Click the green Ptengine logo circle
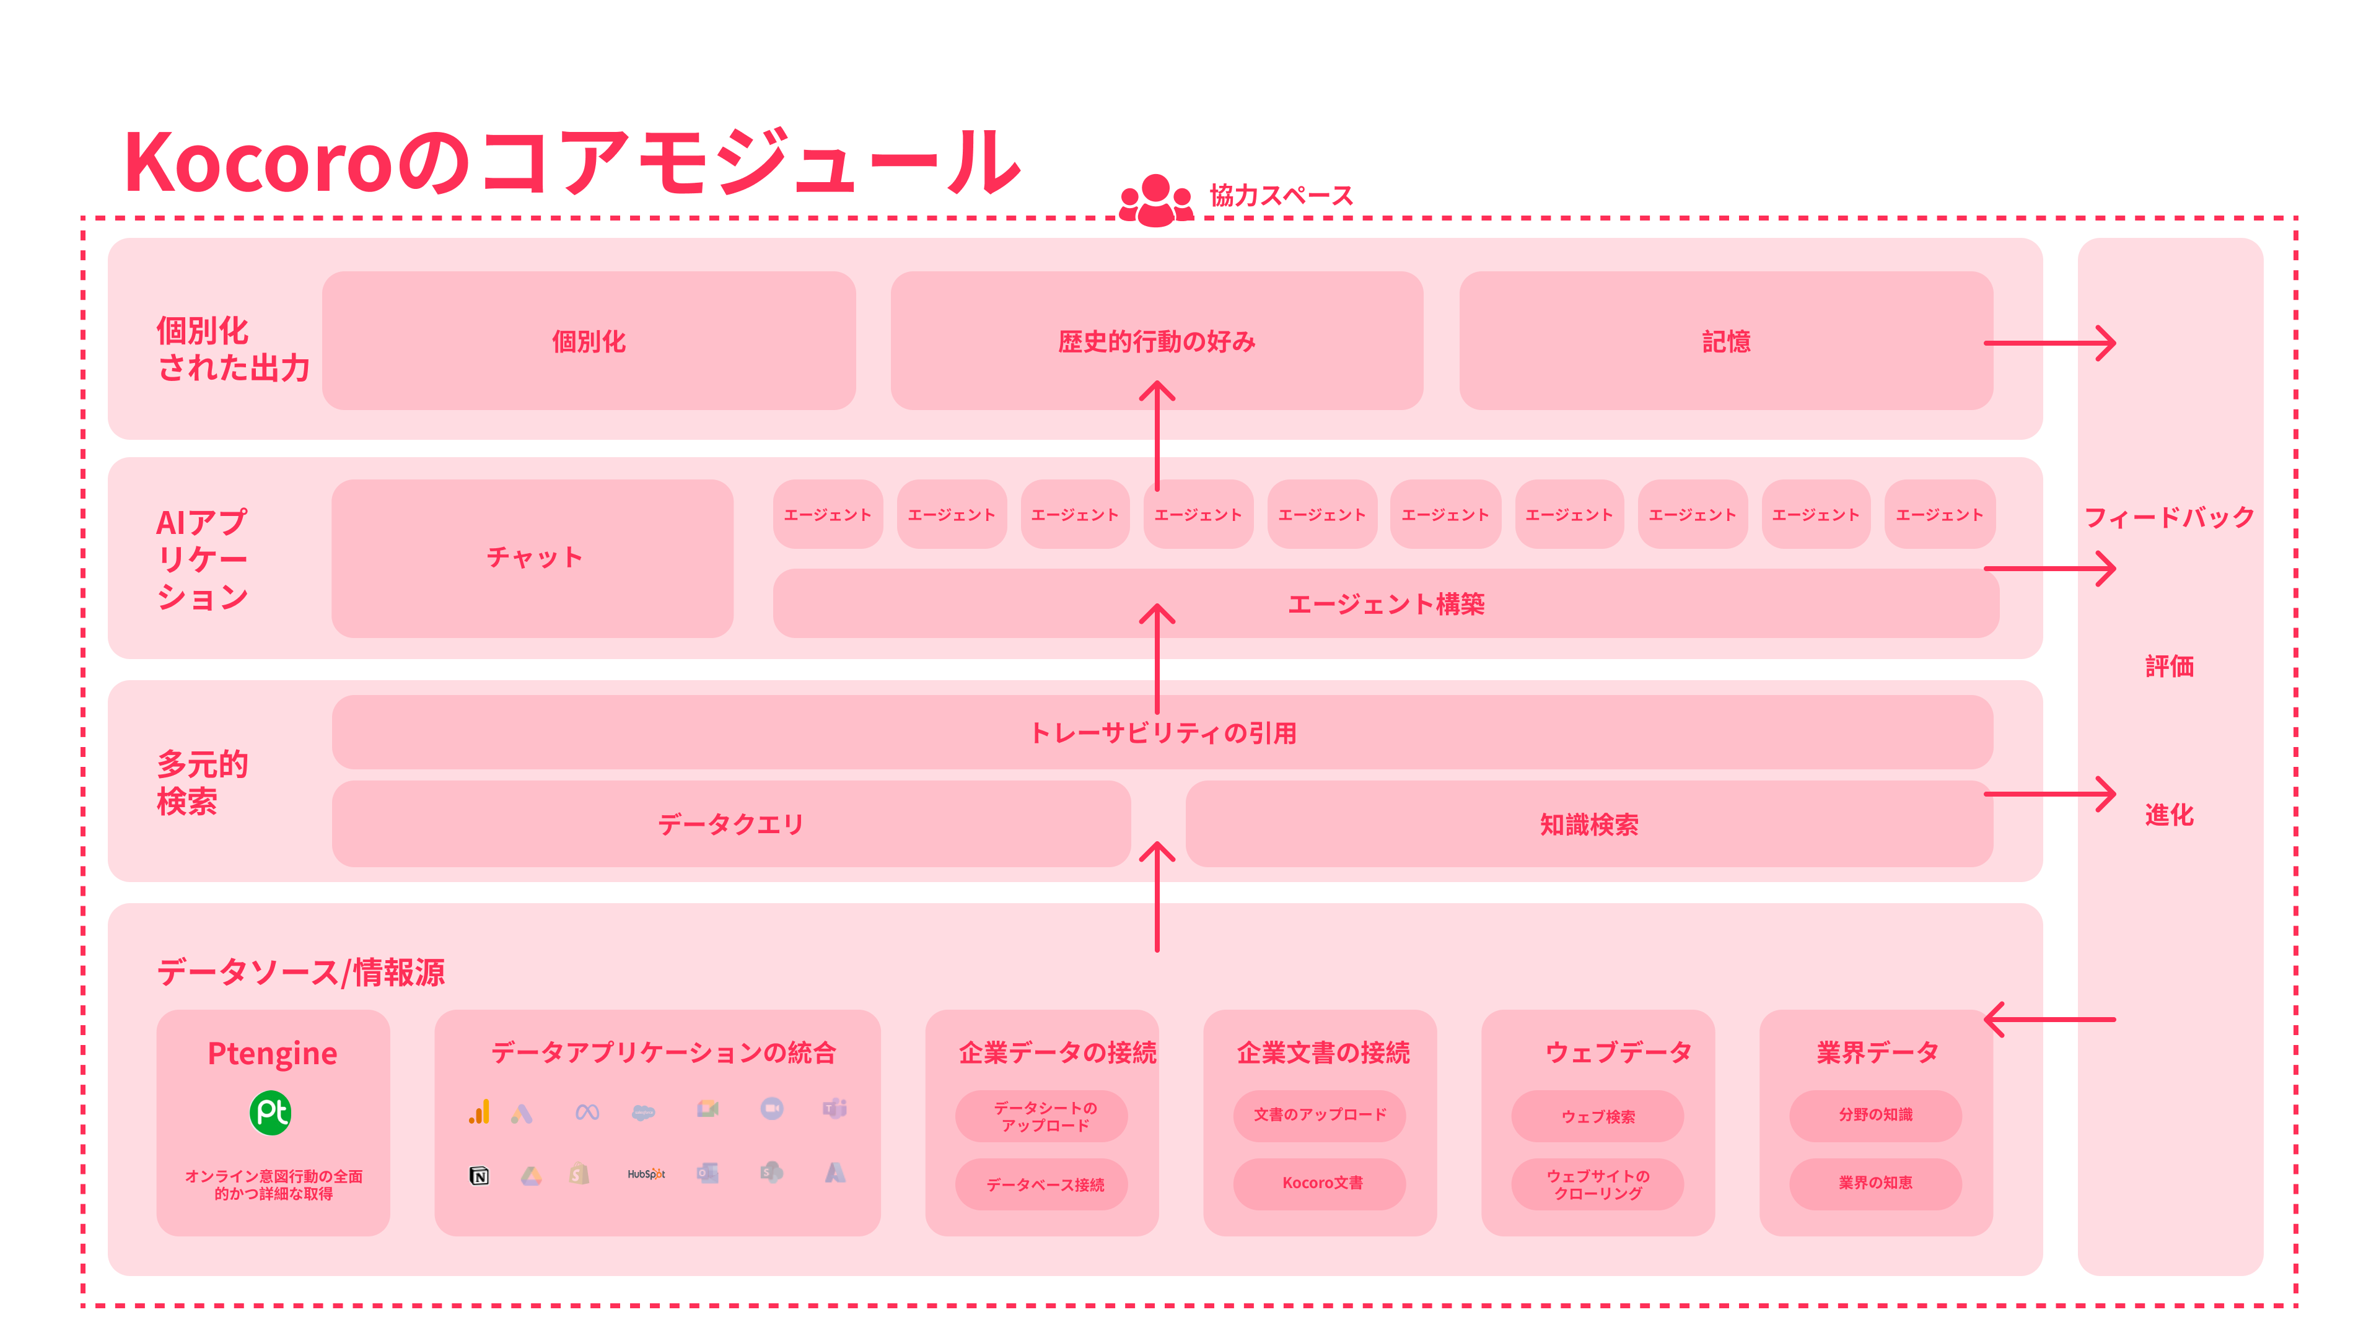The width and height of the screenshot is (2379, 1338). point(271,1113)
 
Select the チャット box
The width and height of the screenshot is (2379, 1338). point(533,557)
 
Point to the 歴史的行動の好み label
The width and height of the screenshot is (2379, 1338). point(1156,342)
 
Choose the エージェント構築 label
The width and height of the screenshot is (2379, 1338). point(1385,604)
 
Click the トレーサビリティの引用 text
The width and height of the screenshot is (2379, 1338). point(1163,733)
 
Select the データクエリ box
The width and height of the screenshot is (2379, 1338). point(730,824)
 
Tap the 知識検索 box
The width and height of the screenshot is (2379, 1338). point(1588,824)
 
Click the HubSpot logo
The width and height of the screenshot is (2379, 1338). point(646,1174)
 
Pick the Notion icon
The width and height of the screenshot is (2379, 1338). point(480,1176)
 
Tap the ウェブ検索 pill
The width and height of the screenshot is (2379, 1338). point(1598,1116)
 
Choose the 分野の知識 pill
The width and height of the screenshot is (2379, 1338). point(1875,1114)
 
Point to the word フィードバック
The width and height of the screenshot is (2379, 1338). point(2168,517)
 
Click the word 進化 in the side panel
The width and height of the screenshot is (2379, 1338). point(2168,815)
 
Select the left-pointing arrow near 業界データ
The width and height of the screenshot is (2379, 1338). point(2048,1020)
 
